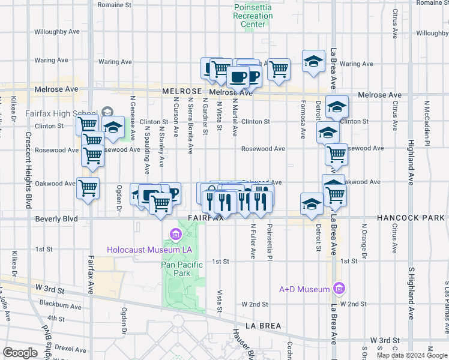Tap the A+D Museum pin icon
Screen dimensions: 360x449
tap(338, 289)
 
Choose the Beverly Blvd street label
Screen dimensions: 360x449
tap(56, 219)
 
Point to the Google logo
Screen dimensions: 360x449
tap(20, 353)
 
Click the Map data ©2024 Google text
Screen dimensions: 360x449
tap(411, 355)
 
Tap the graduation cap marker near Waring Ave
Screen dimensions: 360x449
tap(313, 61)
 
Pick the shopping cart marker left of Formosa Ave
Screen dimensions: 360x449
tap(279, 70)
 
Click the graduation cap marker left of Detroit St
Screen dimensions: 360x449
tap(312, 204)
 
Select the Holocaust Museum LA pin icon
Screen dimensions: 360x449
tap(175, 233)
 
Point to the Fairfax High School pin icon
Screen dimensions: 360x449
tap(107, 111)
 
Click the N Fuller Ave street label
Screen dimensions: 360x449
tap(253, 241)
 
